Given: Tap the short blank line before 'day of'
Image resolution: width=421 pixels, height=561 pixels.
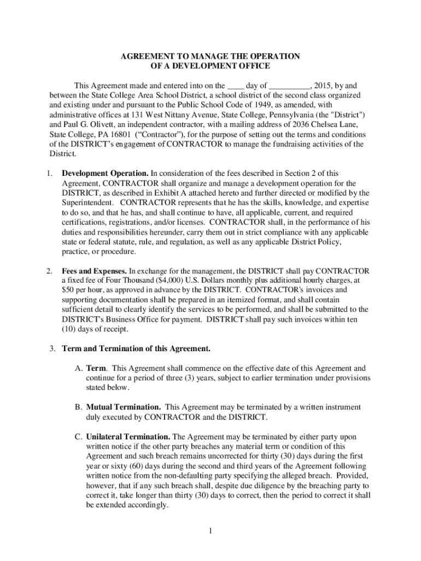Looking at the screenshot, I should tap(235, 87).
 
